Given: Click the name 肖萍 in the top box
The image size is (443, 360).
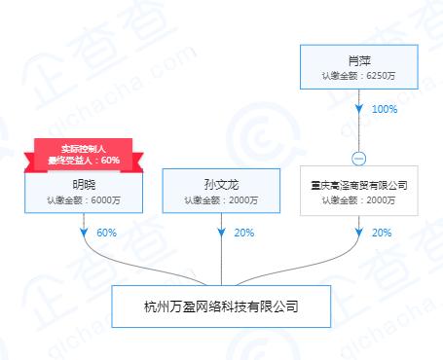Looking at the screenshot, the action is point(359,59).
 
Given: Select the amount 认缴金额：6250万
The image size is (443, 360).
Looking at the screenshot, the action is point(359,76).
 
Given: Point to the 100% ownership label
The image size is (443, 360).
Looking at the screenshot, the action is point(385,110).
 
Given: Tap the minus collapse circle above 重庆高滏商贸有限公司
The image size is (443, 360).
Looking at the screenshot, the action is point(359,159).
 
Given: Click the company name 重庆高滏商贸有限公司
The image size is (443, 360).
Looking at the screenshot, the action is point(359,184).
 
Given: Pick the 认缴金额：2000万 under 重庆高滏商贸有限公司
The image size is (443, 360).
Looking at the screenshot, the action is point(359,200).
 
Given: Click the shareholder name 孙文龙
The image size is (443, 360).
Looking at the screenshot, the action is point(221,184).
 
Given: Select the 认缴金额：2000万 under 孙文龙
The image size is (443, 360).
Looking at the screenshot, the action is point(221,200).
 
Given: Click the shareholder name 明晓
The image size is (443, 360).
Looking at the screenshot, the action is point(83,184).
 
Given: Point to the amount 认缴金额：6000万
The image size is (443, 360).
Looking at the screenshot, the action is point(83,200).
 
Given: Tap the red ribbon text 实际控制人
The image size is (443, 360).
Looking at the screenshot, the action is point(83,147).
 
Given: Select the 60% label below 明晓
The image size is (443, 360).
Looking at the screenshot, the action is point(106,234).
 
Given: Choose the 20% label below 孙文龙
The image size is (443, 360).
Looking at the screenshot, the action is point(244,234).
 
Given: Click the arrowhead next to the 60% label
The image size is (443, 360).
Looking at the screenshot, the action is point(83,234).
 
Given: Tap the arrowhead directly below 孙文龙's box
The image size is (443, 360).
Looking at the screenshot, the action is point(221,234).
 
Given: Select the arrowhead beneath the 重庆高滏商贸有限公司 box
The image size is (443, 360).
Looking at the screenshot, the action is point(359,234).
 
